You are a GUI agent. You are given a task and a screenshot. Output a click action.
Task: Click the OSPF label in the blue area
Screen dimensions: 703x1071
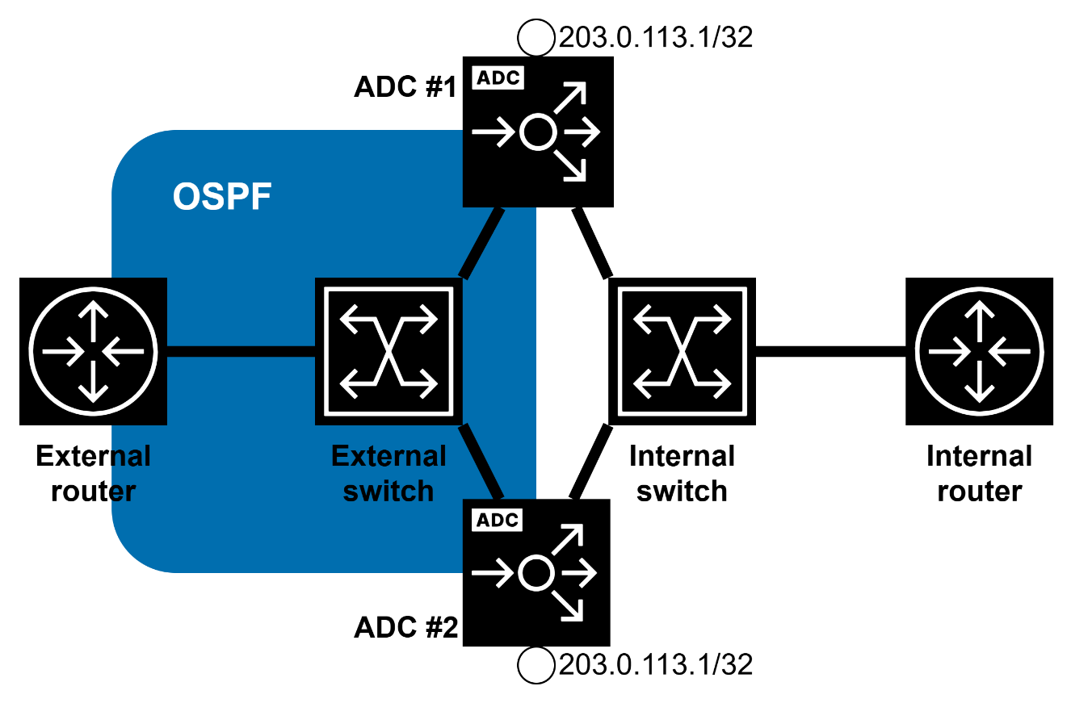tap(222, 197)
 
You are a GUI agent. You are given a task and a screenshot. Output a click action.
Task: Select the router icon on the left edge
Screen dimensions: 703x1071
tap(93, 351)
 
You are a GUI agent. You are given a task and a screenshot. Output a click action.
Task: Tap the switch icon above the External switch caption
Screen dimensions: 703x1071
tap(388, 351)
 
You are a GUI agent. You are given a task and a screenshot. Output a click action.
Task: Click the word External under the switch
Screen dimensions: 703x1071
tap(388, 456)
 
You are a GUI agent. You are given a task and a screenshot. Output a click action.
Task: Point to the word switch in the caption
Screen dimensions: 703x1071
tap(388, 491)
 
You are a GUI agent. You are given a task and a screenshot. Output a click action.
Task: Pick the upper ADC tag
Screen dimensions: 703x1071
tap(498, 78)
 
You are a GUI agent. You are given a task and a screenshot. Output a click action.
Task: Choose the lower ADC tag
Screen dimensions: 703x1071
tap(498, 520)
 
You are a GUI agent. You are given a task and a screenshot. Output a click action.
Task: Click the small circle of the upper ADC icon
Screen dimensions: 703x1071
tap(538, 132)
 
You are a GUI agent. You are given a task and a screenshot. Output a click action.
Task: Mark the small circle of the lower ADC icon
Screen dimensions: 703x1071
tap(535, 573)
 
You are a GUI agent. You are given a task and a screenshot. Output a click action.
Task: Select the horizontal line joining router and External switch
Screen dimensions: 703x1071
tap(241, 351)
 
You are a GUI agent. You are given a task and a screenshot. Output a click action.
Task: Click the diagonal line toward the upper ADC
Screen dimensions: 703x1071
tap(481, 244)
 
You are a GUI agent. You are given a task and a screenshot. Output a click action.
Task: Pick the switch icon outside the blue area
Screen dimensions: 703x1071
tap(682, 351)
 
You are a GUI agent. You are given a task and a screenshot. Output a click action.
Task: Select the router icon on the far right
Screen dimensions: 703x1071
tap(979, 351)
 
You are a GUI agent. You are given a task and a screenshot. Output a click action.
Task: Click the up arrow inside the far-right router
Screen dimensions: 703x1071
tap(979, 319)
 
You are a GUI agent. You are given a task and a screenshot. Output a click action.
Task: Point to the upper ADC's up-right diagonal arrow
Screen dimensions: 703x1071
tap(572, 95)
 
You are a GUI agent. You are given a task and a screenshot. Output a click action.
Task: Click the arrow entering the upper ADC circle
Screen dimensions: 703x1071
tap(493, 132)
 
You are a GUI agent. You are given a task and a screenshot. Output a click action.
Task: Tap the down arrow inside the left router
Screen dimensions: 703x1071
tap(94, 383)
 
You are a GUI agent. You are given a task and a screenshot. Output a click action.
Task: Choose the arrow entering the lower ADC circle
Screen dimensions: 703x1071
tap(493, 573)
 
